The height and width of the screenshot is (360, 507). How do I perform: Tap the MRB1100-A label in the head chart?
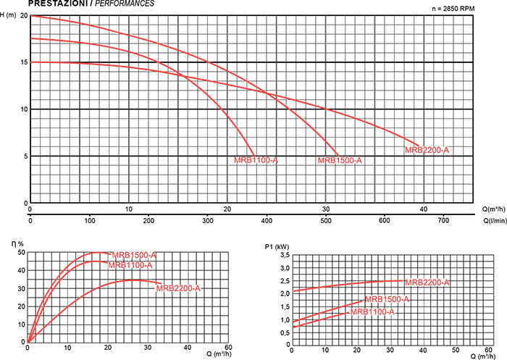(x=256, y=160)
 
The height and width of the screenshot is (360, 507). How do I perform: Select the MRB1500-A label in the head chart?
(x=339, y=160)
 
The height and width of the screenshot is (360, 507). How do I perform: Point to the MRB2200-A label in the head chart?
(x=427, y=150)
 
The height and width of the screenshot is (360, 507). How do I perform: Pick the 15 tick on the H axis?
(x=24, y=62)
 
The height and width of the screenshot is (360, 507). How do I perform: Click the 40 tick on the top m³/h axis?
(x=424, y=210)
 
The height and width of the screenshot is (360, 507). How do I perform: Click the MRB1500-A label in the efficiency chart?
(x=134, y=255)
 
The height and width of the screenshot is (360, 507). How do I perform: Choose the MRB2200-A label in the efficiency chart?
(x=177, y=288)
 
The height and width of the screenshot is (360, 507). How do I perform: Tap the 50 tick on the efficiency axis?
(x=21, y=253)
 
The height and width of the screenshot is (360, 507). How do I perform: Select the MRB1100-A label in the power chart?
(x=372, y=311)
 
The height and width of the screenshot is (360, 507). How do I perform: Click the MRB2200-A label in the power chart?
(x=427, y=282)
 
